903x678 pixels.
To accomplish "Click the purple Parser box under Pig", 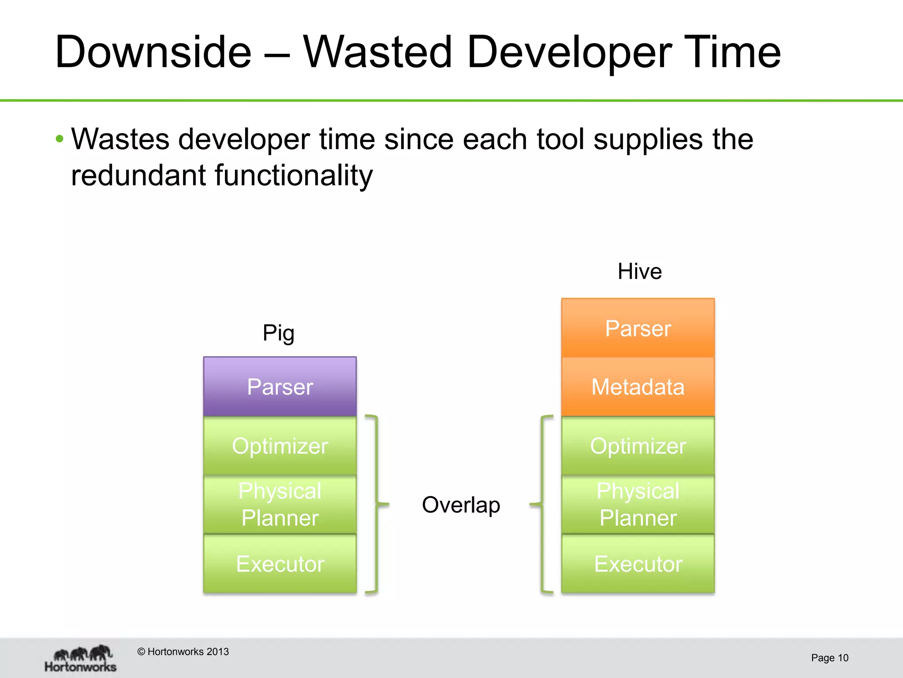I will pos(280,387).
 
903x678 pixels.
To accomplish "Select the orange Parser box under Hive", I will pos(638,328).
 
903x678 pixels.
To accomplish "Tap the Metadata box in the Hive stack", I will pos(638,387).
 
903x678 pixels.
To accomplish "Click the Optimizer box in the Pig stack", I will pos(280,445).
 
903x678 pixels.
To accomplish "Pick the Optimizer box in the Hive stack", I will pos(638,445).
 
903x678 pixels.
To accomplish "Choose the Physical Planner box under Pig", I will pos(280,504).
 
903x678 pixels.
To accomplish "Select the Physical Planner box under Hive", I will pos(638,504).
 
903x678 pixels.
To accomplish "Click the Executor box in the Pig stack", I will pos(280,563).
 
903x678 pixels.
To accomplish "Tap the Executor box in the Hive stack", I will pos(638,563).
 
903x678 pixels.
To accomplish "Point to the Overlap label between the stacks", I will pos(461,505).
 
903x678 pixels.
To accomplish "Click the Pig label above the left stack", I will pos(278,333).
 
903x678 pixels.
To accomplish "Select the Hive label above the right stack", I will pos(639,271).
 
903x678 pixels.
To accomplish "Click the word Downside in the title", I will pos(153,52).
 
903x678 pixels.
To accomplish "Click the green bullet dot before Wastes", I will pos(60,139).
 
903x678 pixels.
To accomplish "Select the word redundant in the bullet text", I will pos(138,175).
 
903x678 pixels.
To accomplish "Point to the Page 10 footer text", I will pos(829,658).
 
